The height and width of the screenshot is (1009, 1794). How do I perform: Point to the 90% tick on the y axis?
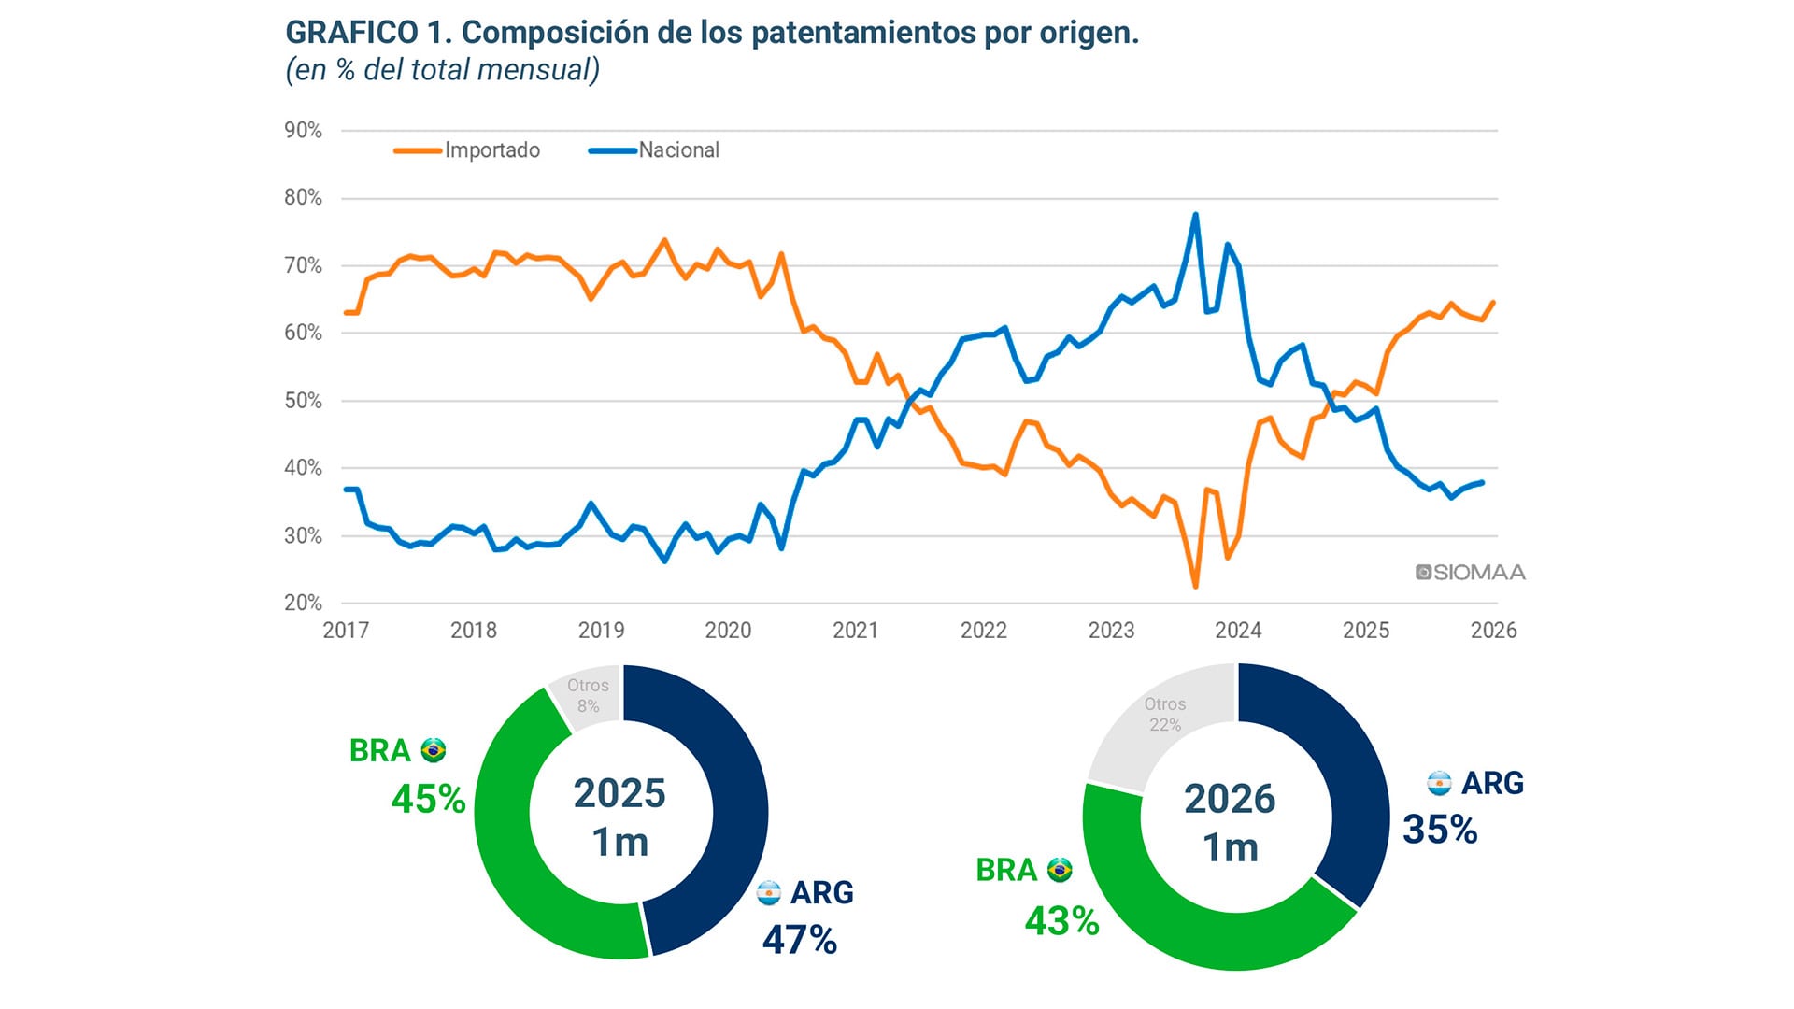[x=303, y=131]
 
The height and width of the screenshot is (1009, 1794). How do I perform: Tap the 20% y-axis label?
[x=303, y=603]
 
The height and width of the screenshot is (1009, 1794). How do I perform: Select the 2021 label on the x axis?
[x=855, y=631]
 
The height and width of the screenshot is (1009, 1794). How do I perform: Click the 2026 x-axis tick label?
[x=1493, y=631]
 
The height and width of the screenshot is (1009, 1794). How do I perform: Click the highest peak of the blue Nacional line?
[x=1195, y=215]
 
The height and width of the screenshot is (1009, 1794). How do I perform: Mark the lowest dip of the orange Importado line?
[x=1195, y=586]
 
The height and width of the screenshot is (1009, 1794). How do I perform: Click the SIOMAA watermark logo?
[x=1470, y=573]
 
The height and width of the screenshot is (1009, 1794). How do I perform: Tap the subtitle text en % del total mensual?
[x=442, y=70]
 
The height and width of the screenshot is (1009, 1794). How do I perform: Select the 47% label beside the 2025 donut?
[x=800, y=940]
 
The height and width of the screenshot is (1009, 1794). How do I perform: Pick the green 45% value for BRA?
[x=428, y=799]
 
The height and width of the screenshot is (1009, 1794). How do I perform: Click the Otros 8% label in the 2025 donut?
[x=588, y=695]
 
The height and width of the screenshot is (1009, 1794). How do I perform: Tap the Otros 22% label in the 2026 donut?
[x=1165, y=714]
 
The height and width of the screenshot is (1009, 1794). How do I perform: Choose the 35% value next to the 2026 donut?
[x=1440, y=830]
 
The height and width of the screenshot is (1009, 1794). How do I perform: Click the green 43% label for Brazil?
[x=1061, y=921]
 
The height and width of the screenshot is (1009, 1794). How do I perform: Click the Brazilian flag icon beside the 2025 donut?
[x=434, y=750]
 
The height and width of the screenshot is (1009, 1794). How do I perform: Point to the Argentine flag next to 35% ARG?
[x=1439, y=783]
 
